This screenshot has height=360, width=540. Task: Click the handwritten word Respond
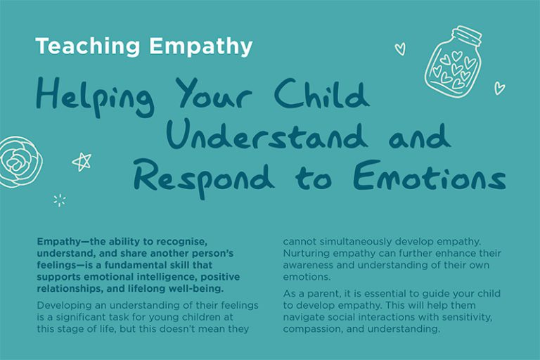[205, 178]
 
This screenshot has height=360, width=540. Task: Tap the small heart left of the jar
[400, 49]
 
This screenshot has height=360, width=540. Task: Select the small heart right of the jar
[499, 88]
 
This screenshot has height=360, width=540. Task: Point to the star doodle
[82, 162]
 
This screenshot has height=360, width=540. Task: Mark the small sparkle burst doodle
[60, 200]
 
